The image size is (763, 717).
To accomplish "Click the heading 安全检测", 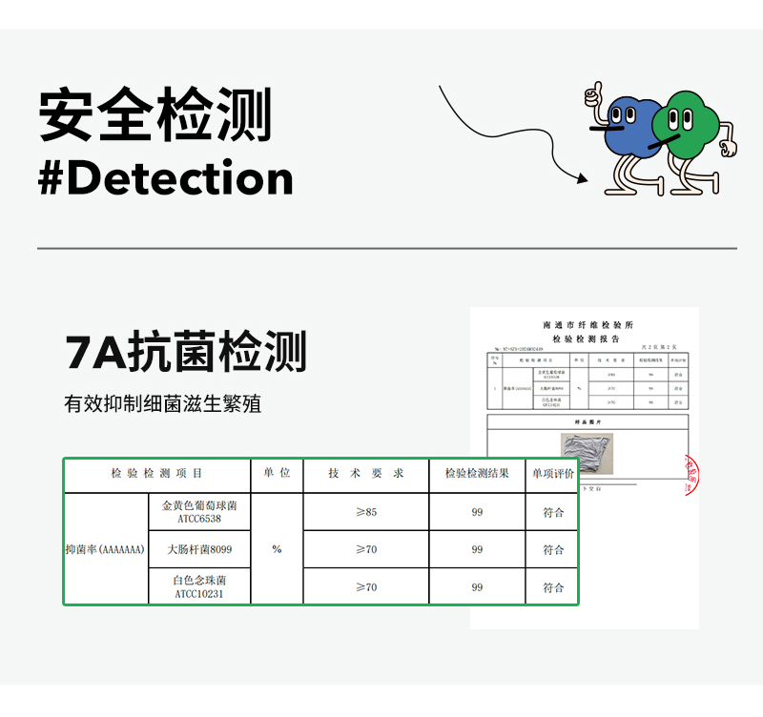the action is [155, 115].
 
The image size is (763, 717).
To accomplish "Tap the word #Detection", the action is [165, 178].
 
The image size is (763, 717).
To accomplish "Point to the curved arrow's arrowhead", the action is [582, 177].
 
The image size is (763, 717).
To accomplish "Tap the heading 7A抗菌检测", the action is [186, 353].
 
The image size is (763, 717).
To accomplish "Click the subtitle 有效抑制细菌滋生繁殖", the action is [162, 404].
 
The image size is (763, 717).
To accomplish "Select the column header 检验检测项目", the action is [156, 474].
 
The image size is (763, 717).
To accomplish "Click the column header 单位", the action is [277, 474].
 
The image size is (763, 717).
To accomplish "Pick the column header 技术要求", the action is [366, 474].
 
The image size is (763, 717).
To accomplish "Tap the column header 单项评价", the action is [553, 474].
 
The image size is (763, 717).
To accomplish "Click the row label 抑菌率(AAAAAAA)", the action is [105, 549].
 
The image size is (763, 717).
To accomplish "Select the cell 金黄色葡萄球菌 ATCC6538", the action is [199, 512].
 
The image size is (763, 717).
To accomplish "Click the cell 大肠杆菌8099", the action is [199, 549].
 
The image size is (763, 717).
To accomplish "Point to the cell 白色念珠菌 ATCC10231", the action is [199, 586].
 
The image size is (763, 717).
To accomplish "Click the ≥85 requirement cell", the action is [366, 512].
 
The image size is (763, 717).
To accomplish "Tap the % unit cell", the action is [277, 549].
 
